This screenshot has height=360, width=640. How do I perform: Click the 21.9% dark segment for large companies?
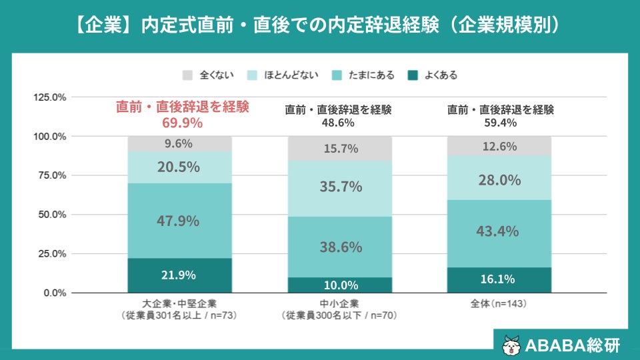179,275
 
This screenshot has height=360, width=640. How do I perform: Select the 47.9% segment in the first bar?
179,221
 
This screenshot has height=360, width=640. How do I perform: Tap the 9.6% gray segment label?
179,144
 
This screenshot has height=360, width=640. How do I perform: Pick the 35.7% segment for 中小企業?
340,189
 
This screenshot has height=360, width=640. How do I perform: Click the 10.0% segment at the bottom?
340,285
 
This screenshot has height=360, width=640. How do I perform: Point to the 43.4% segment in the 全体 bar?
499,234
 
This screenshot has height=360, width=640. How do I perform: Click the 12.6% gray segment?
499,146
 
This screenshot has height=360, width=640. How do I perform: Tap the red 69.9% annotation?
183,123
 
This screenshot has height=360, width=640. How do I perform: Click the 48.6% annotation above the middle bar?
338,123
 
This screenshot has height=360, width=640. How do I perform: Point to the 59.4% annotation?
501,123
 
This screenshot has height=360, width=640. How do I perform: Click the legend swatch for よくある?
413,75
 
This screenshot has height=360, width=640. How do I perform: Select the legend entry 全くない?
208,75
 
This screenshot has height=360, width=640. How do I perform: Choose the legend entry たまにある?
363,75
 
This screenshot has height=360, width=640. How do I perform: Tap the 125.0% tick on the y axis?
50,97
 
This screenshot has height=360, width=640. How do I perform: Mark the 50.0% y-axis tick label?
52,215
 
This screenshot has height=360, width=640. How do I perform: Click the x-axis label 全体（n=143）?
499,304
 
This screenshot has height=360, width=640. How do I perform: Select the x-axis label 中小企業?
339,304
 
